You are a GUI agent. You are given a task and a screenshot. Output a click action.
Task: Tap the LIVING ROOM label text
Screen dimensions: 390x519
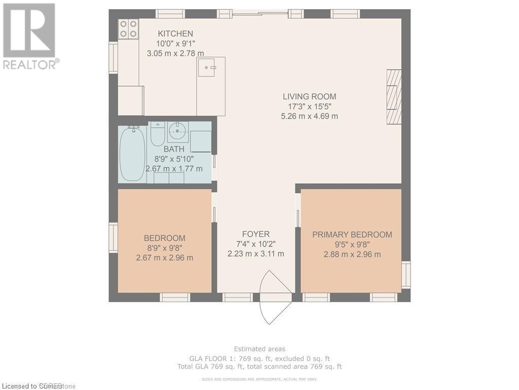pos(309,96)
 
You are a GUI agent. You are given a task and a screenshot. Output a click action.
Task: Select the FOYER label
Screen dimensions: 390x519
pos(255,234)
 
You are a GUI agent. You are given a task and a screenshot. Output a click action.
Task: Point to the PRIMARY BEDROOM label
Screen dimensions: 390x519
pos(352,235)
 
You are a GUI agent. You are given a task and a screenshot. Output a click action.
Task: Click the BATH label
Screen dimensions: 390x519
pos(174,149)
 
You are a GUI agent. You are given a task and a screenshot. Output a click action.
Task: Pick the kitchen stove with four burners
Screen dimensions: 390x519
pos(129,28)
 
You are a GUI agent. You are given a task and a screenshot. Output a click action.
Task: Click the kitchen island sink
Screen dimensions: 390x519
pos(206,67)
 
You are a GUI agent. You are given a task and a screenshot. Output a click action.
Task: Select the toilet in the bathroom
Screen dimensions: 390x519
pos(158,135)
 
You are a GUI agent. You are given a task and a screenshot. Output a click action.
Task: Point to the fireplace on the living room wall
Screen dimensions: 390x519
pos(394,96)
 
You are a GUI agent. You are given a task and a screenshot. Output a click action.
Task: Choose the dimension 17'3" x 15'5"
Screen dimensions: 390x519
pos(309,107)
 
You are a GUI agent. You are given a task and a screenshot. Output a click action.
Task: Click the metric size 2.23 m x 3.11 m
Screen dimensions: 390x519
pos(255,254)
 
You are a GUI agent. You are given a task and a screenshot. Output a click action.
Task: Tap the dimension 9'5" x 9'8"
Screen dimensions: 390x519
pos(352,245)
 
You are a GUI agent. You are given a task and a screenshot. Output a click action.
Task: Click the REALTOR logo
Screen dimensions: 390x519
pos(29,36)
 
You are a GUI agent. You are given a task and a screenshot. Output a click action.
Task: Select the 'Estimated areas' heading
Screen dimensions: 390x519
pos(259,349)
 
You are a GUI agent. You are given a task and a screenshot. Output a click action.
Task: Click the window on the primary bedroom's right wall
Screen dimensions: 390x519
pos(406,275)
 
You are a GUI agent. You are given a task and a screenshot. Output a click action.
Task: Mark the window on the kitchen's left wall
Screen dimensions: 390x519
pos(113,58)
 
